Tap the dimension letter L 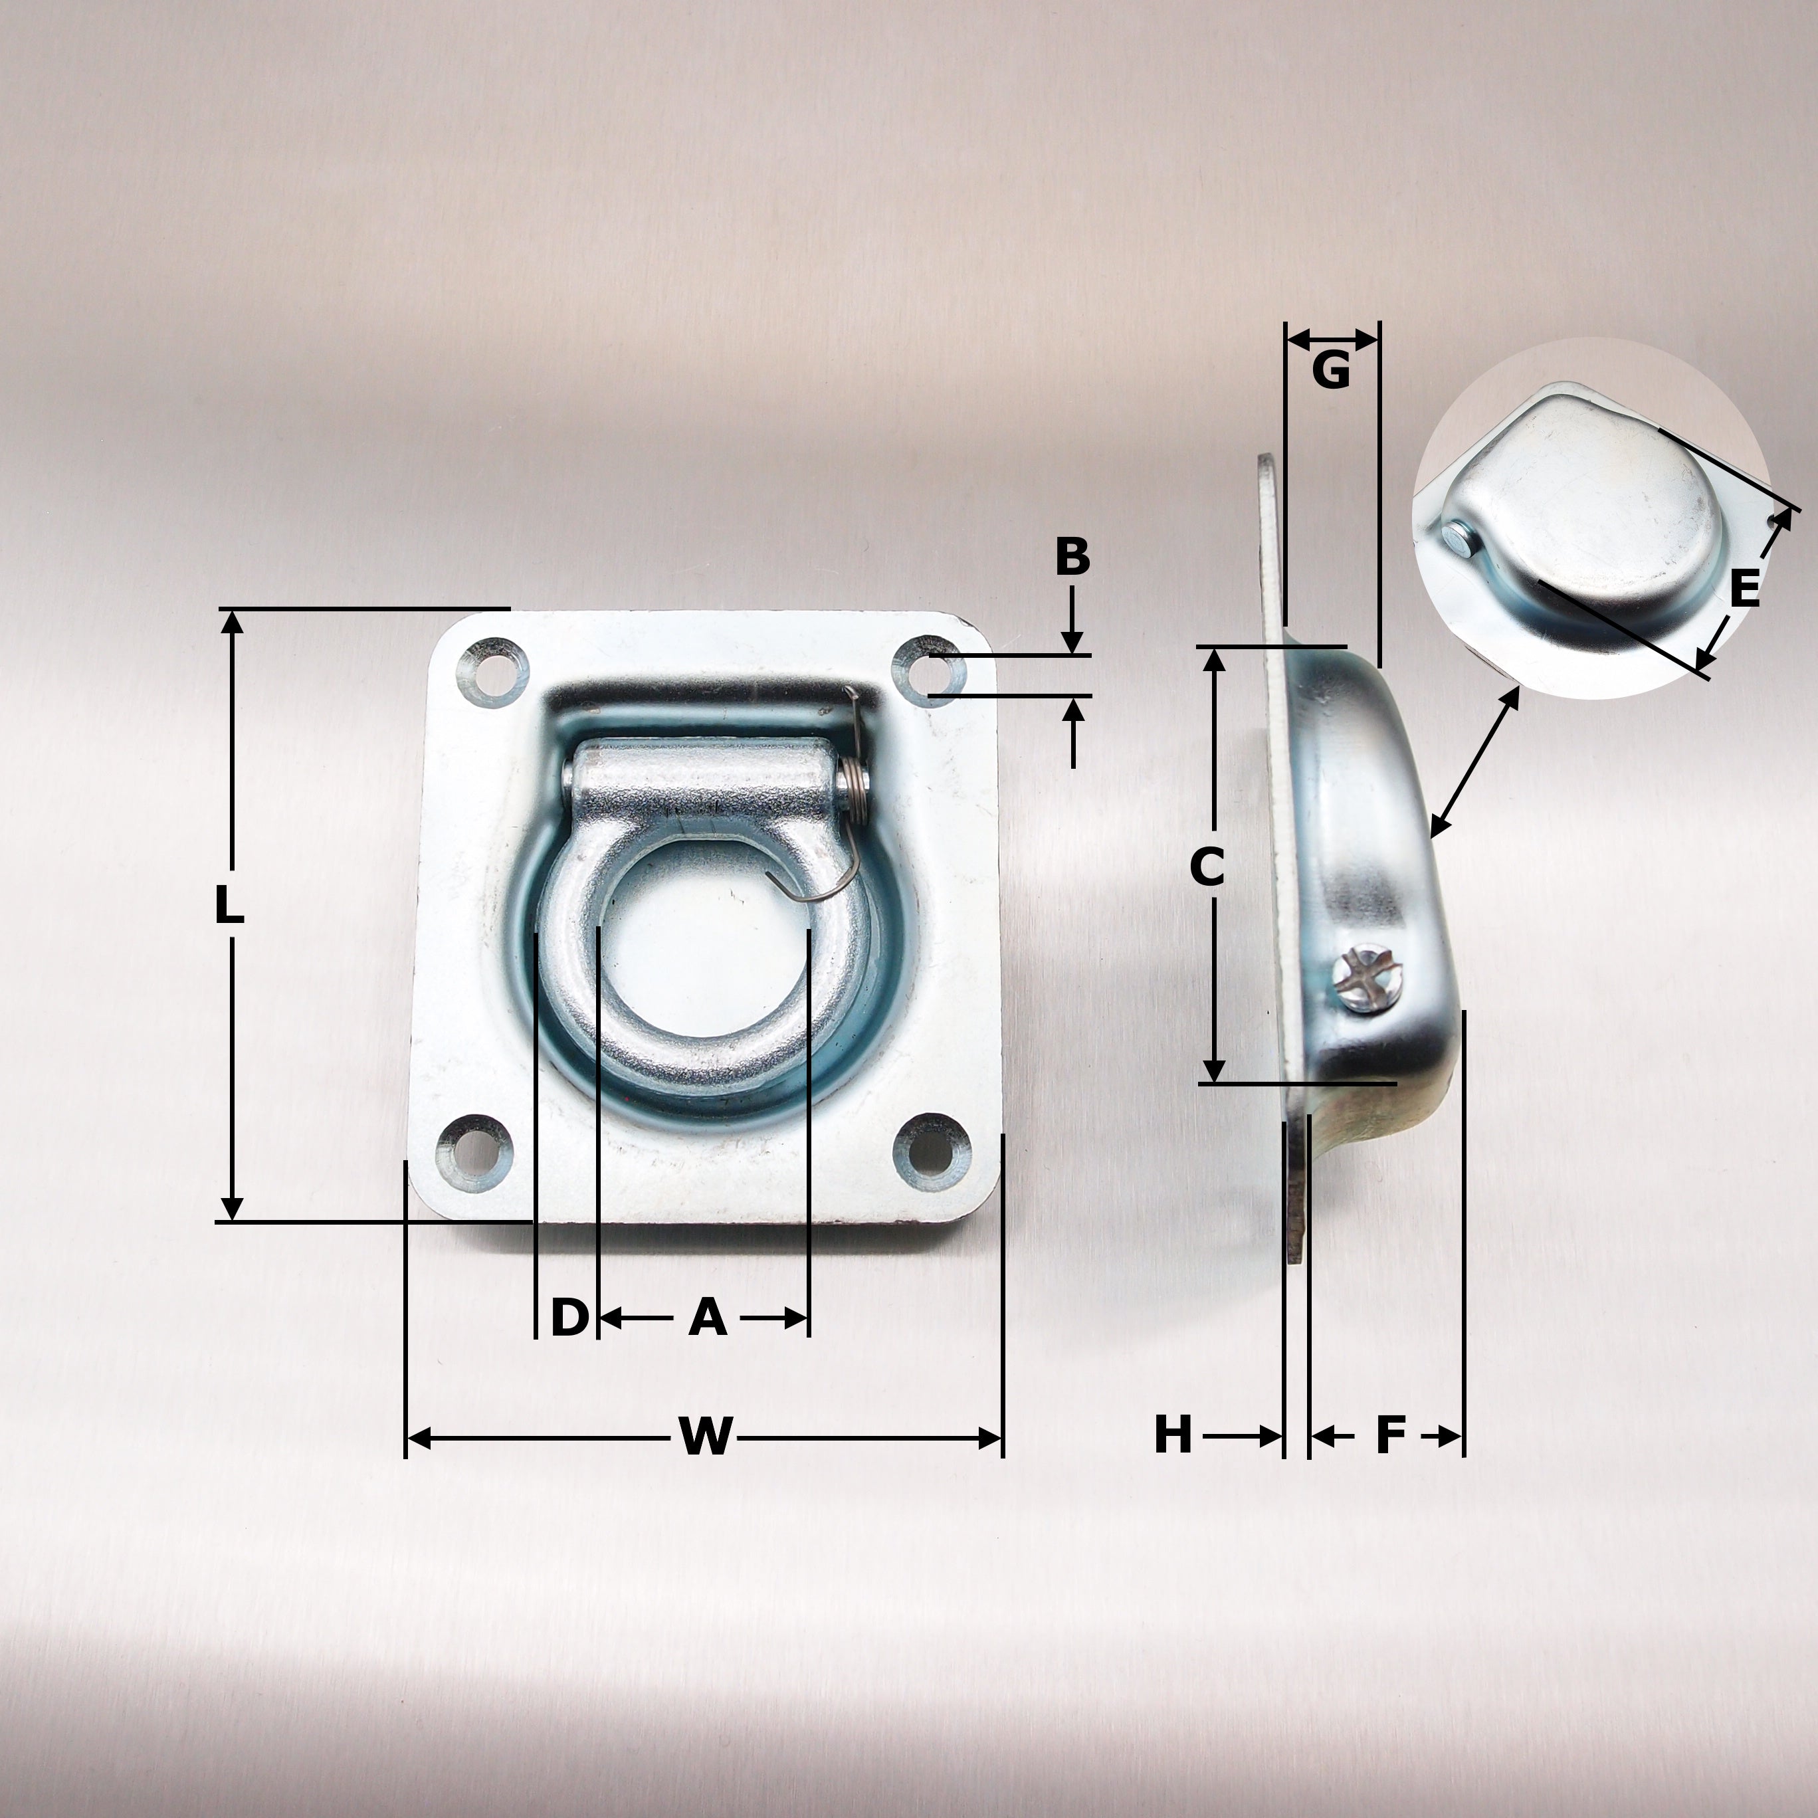(x=229, y=907)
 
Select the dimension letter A (x=708, y=1318)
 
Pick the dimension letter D (x=568, y=1318)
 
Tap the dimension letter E (x=1744, y=590)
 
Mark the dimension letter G (x=1330, y=371)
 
